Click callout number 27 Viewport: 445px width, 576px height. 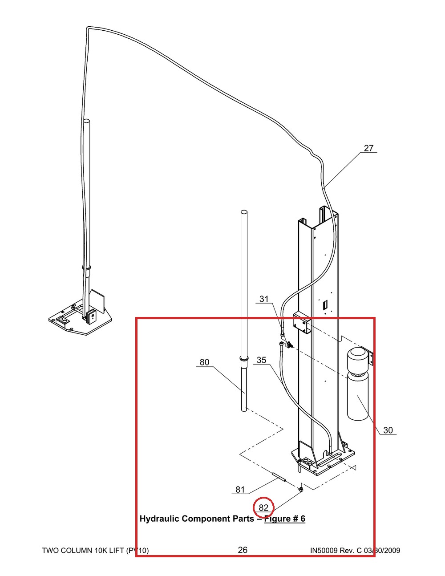pos(368,148)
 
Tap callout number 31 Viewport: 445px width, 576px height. pos(264,299)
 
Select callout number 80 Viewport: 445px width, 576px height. pos(204,362)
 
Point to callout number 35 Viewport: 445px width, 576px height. pos(261,360)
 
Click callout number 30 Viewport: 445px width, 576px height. pos(388,430)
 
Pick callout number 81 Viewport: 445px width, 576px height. pos(240,489)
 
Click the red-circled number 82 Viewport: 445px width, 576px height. pos(263,507)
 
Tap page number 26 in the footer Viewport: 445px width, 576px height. pos(243,550)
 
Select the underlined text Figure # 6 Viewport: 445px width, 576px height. pos(285,519)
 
